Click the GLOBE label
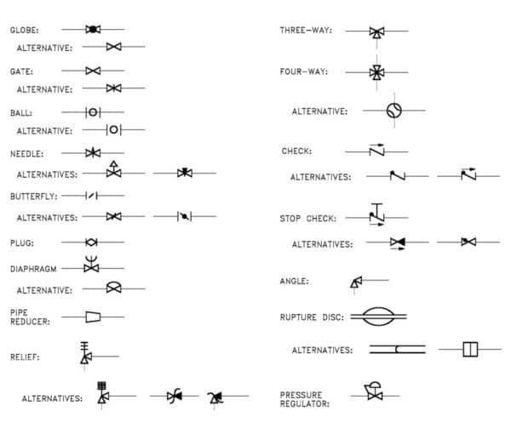click(24, 30)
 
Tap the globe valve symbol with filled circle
click(94, 30)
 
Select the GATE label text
click(21, 71)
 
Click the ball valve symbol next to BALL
click(93, 111)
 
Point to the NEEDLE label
click(26, 154)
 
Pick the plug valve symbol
click(92, 243)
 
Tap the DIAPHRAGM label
click(33, 268)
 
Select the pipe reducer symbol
click(94, 317)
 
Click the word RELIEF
click(25, 357)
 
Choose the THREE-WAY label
click(305, 31)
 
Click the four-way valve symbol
click(376, 72)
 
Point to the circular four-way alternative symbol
click(393, 110)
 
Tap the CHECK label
click(296, 151)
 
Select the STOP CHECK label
click(308, 219)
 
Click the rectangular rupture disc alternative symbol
click(470, 349)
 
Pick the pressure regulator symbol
click(373, 392)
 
